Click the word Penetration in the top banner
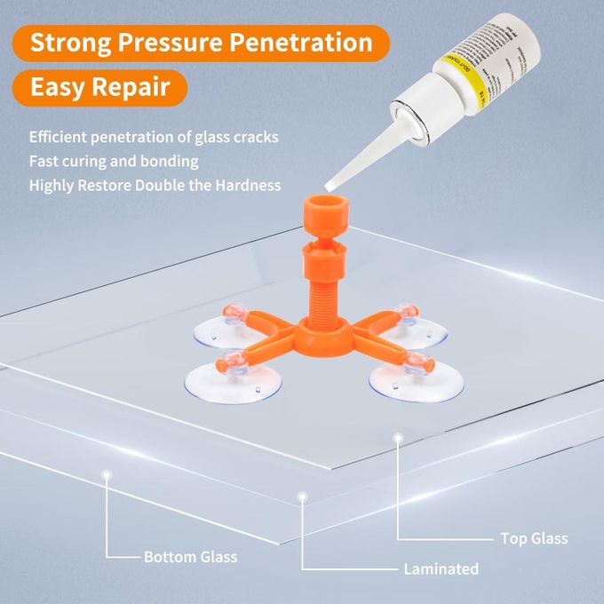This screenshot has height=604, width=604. coord(298,42)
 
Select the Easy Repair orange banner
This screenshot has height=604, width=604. coord(101,88)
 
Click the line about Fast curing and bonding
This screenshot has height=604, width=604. coord(114,162)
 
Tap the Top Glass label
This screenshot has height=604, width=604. coord(534,538)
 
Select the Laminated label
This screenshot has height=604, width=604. coord(441,568)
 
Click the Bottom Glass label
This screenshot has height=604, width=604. coord(190,557)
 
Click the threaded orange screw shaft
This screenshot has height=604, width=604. coord(318,286)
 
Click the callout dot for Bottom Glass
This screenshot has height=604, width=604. coord(107,475)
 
